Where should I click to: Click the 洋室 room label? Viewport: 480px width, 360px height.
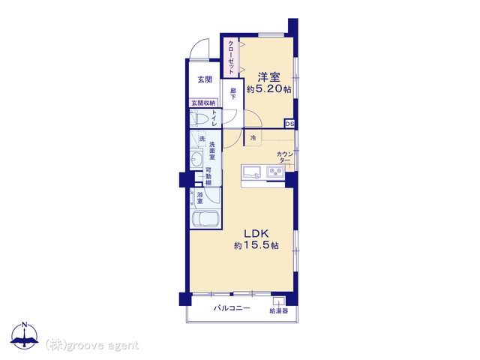point(268,76)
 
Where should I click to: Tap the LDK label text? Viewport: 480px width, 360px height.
point(256,234)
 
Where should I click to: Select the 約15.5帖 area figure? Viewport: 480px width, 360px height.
point(256,245)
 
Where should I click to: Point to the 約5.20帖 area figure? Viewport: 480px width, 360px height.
point(268,89)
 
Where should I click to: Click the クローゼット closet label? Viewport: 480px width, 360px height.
point(231,57)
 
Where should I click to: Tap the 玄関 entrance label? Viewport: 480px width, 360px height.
point(205,79)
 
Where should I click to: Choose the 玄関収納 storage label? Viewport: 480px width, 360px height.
point(203,103)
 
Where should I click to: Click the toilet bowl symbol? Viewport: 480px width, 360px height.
point(198,118)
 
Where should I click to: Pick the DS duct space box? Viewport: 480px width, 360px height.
point(289,124)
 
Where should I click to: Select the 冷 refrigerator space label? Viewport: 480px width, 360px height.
point(253,138)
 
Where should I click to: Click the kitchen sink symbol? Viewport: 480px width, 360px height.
point(252,172)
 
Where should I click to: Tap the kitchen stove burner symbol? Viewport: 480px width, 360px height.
point(275,172)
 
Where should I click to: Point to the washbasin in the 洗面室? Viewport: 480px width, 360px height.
point(196,158)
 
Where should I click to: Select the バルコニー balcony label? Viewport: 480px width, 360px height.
point(232,308)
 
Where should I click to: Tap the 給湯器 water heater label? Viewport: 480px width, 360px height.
point(278,311)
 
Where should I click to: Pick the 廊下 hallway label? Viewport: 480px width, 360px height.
point(233,94)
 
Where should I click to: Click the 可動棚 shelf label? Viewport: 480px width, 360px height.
point(208,176)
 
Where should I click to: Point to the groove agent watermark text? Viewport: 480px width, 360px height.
point(92,345)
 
